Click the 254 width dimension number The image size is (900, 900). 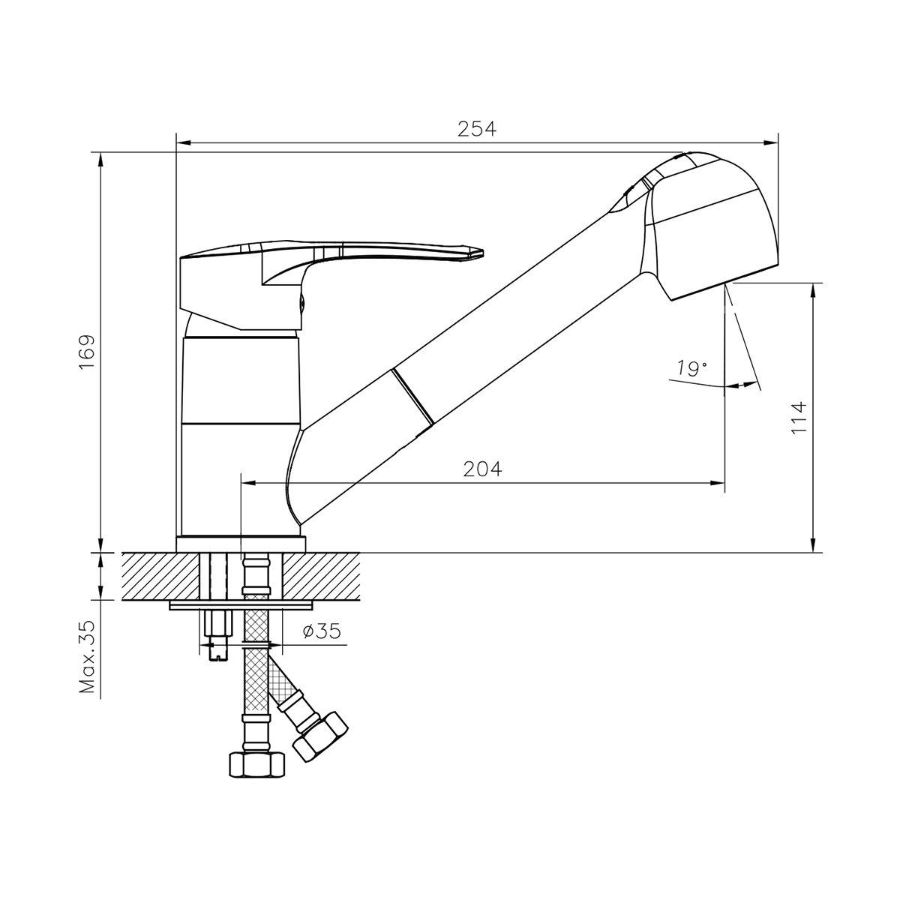(x=477, y=129)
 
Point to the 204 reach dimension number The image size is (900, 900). (x=482, y=469)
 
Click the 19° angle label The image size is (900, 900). (x=691, y=368)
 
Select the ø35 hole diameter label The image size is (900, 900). (x=322, y=631)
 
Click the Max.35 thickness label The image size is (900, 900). (x=88, y=658)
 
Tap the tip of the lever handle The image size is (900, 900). (x=480, y=253)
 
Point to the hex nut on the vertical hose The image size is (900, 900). (x=256, y=764)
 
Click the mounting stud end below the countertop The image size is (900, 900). (x=215, y=652)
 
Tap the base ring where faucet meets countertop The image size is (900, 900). (x=241, y=544)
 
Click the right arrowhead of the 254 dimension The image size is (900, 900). (x=772, y=141)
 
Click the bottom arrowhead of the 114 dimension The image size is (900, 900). (x=813, y=546)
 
